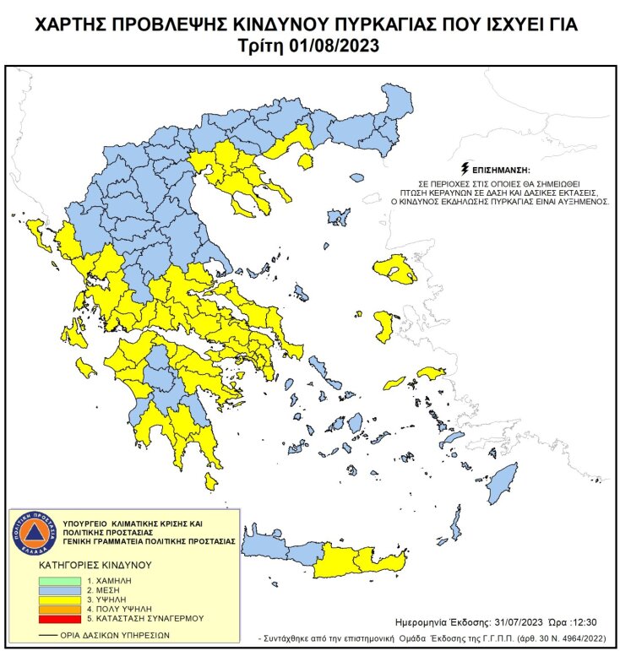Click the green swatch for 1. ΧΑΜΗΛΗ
tap(58, 581)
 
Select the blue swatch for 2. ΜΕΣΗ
tap(58, 590)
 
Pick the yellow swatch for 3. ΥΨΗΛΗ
tap(58, 599)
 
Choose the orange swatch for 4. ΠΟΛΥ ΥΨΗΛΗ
tap(58, 609)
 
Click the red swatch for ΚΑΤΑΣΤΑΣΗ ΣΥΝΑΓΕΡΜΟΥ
tap(58, 618)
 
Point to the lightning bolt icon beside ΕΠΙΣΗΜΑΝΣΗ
tap(464, 169)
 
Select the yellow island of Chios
tap(383, 326)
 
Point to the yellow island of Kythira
tap(209, 481)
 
